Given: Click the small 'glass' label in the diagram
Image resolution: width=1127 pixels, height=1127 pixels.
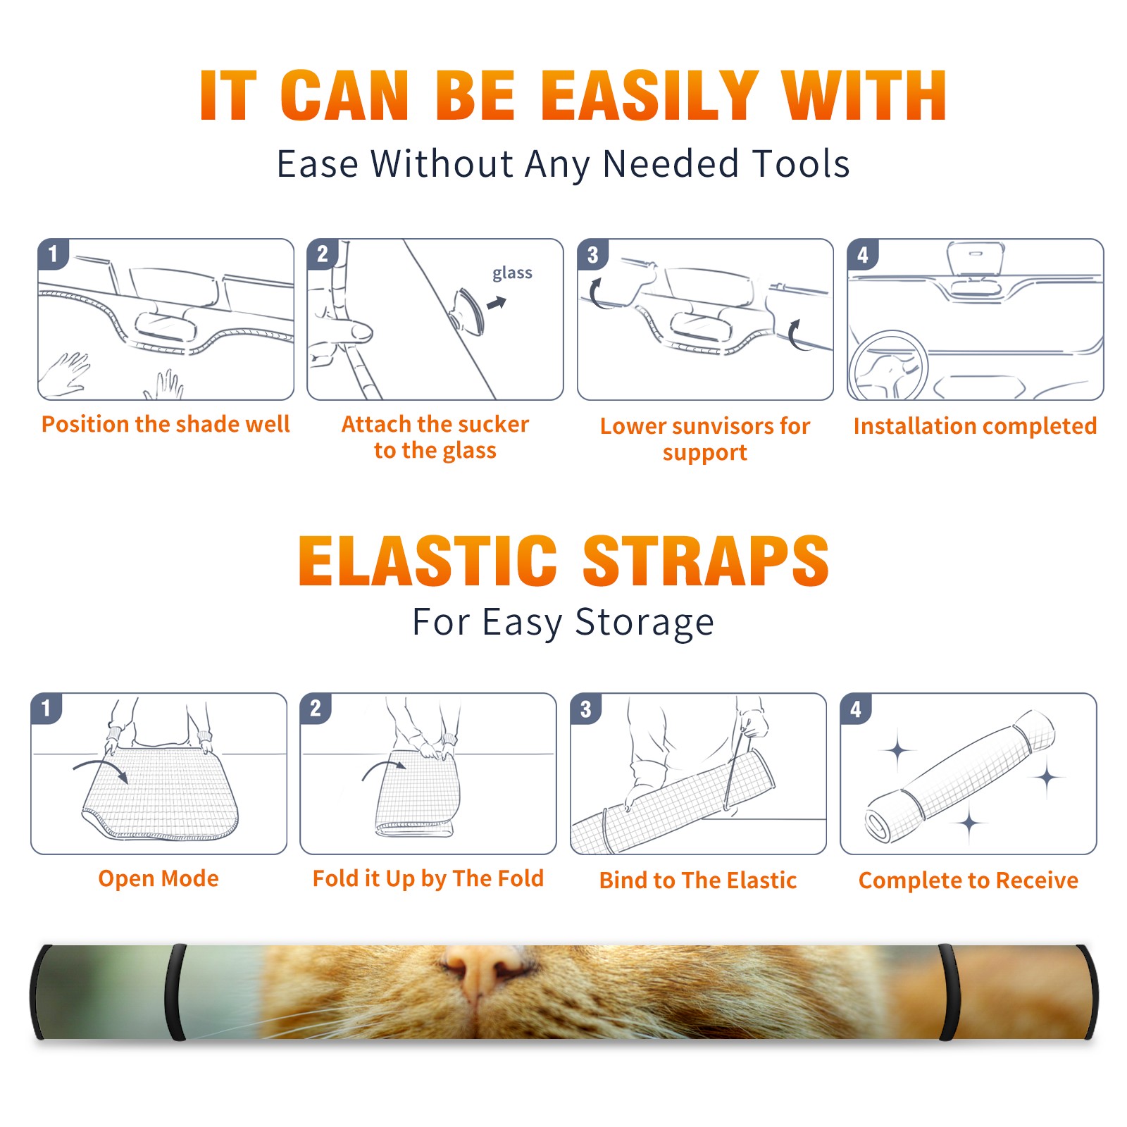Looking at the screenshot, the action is pyautogui.click(x=512, y=273).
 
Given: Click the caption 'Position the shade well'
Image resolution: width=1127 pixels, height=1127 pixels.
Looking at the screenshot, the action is pyautogui.click(x=166, y=424).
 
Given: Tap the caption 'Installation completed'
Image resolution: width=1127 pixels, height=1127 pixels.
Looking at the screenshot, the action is pyautogui.click(x=975, y=426).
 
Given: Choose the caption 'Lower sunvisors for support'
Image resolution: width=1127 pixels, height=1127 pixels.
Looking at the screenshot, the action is pyautogui.click(x=705, y=439).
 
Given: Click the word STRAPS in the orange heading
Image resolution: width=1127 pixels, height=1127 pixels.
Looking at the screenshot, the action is pyautogui.click(x=706, y=561).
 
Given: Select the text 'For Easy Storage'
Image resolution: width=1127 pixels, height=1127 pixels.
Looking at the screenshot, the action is pyautogui.click(x=563, y=622).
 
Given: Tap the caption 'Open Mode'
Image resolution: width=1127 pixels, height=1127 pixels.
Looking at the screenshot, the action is pyautogui.click(x=158, y=878).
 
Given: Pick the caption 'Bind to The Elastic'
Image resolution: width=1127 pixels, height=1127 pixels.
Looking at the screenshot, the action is pyautogui.click(x=698, y=880).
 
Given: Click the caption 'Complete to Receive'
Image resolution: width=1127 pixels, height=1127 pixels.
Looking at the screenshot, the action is pyautogui.click(x=969, y=880).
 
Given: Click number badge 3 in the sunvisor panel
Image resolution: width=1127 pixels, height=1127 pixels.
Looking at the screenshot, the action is pyautogui.click(x=593, y=254).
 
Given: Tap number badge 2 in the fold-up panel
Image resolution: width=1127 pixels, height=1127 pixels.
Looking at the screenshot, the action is pyautogui.click(x=316, y=708).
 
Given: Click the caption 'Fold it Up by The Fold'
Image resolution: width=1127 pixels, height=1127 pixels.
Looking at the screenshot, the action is pyautogui.click(x=428, y=878).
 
